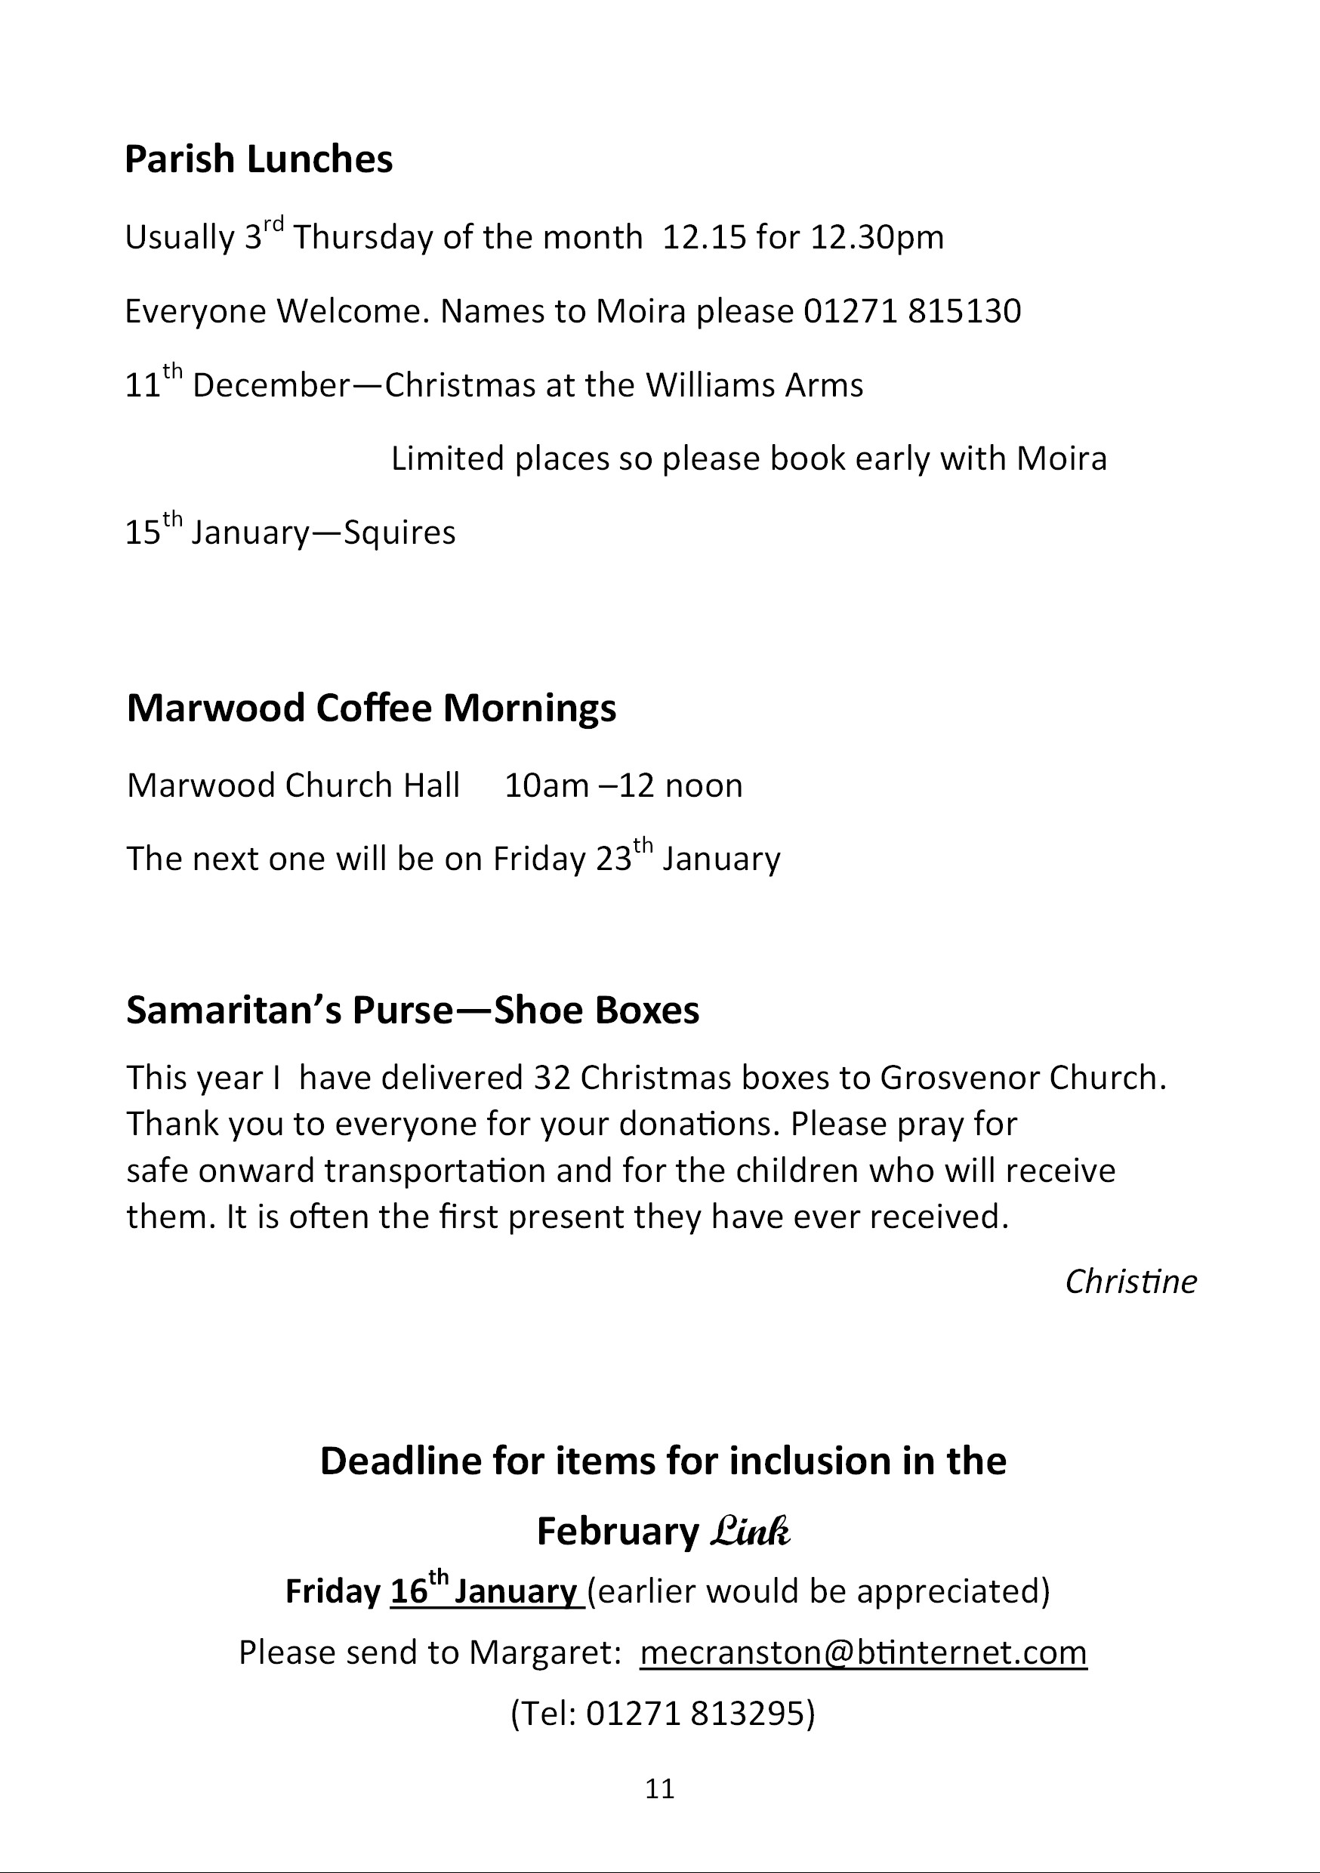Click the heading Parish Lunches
click(x=258, y=159)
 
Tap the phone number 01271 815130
click(x=912, y=312)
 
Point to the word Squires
click(x=399, y=533)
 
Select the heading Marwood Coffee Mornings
click(x=372, y=708)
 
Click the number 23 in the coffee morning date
click(x=613, y=859)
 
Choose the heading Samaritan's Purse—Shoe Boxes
click(x=413, y=1010)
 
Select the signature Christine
click(x=1130, y=1282)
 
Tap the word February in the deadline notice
click(x=618, y=1532)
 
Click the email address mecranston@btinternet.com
click(x=863, y=1652)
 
